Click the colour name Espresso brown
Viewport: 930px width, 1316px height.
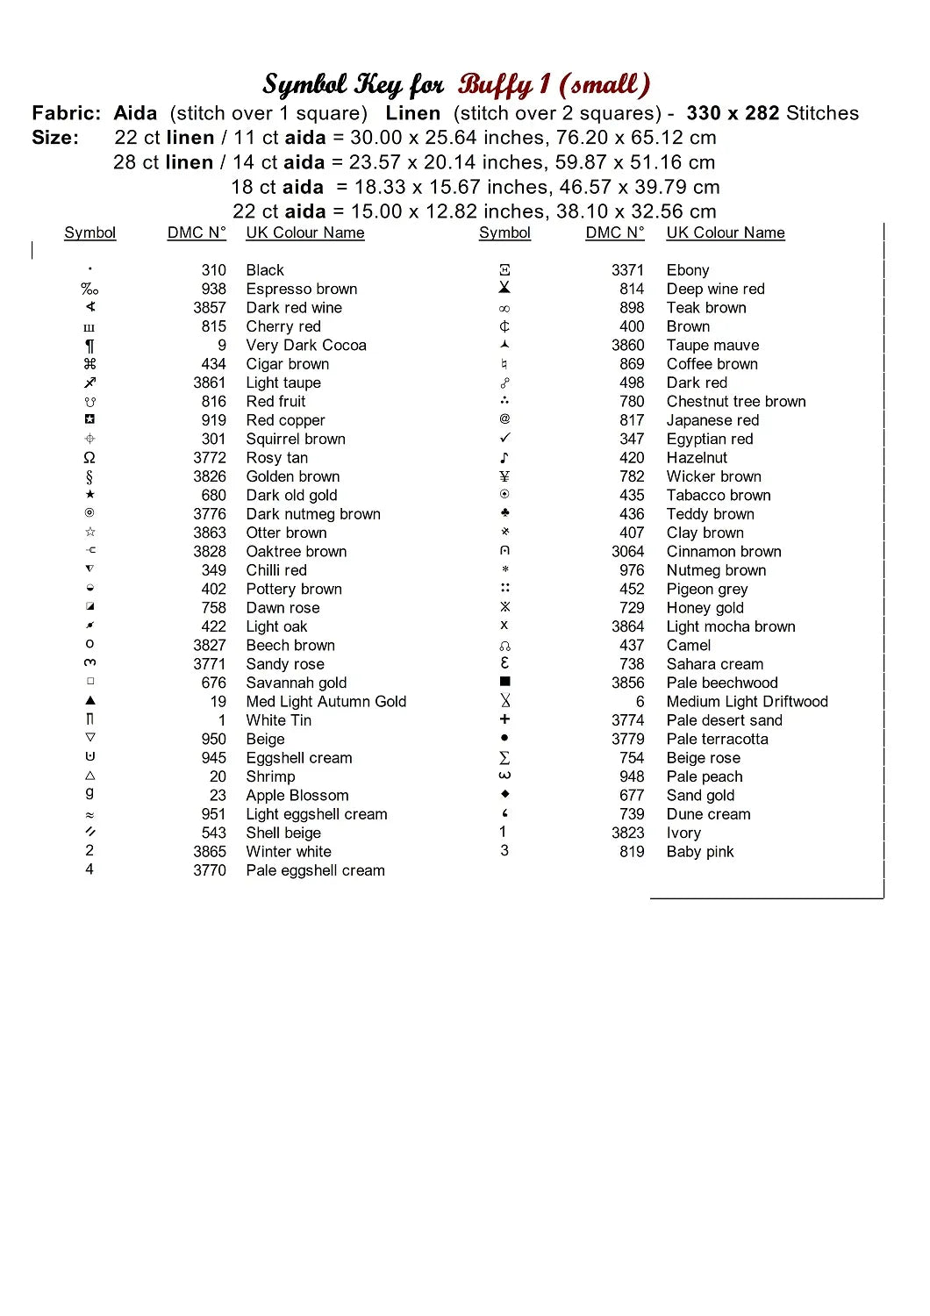tap(301, 290)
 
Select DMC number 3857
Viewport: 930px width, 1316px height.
tap(210, 308)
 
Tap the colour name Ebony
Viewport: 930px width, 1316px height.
tap(687, 270)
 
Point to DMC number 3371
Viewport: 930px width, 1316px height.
tap(627, 270)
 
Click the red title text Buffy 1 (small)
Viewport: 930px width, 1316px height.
tap(554, 84)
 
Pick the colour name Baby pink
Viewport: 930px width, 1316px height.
tap(699, 852)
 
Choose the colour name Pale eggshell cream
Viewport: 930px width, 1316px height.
tap(315, 870)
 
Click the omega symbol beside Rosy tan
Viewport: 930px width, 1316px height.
tap(89, 458)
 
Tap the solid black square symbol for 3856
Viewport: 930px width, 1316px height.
tap(504, 682)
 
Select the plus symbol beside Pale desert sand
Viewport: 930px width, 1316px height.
tap(504, 719)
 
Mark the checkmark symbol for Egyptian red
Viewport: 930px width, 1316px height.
tap(504, 438)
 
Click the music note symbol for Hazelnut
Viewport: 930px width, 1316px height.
tap(504, 458)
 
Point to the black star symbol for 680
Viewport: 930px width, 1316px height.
tap(89, 495)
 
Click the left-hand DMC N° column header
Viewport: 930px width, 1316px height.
tap(197, 232)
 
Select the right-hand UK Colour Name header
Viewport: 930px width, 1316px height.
tap(725, 232)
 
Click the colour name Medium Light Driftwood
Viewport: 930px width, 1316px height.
tap(747, 701)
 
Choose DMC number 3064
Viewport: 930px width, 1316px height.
tap(627, 552)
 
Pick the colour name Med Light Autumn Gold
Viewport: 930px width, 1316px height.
tap(325, 701)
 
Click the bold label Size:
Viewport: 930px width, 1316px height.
tap(55, 138)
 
